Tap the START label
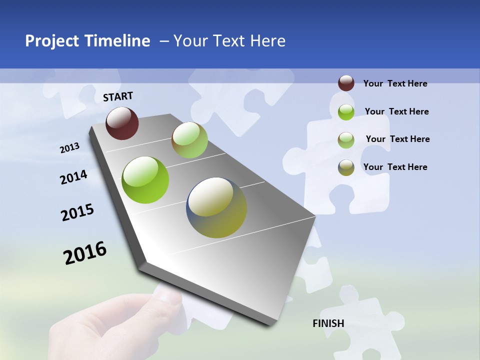(x=118, y=96)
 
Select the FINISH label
(x=328, y=323)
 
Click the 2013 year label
(x=69, y=148)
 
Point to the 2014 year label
(x=73, y=177)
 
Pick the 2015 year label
(x=77, y=212)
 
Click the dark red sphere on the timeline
(x=122, y=123)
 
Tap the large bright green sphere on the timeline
(x=145, y=180)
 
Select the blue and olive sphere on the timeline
(x=216, y=207)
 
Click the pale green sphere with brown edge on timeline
(x=189, y=140)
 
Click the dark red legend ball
(x=346, y=83)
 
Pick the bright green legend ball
(x=346, y=111)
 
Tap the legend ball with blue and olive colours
(x=346, y=167)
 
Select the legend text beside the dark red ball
(x=395, y=83)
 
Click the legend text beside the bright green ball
(x=396, y=111)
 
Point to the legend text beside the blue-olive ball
(x=395, y=167)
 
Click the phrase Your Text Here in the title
(x=229, y=41)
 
